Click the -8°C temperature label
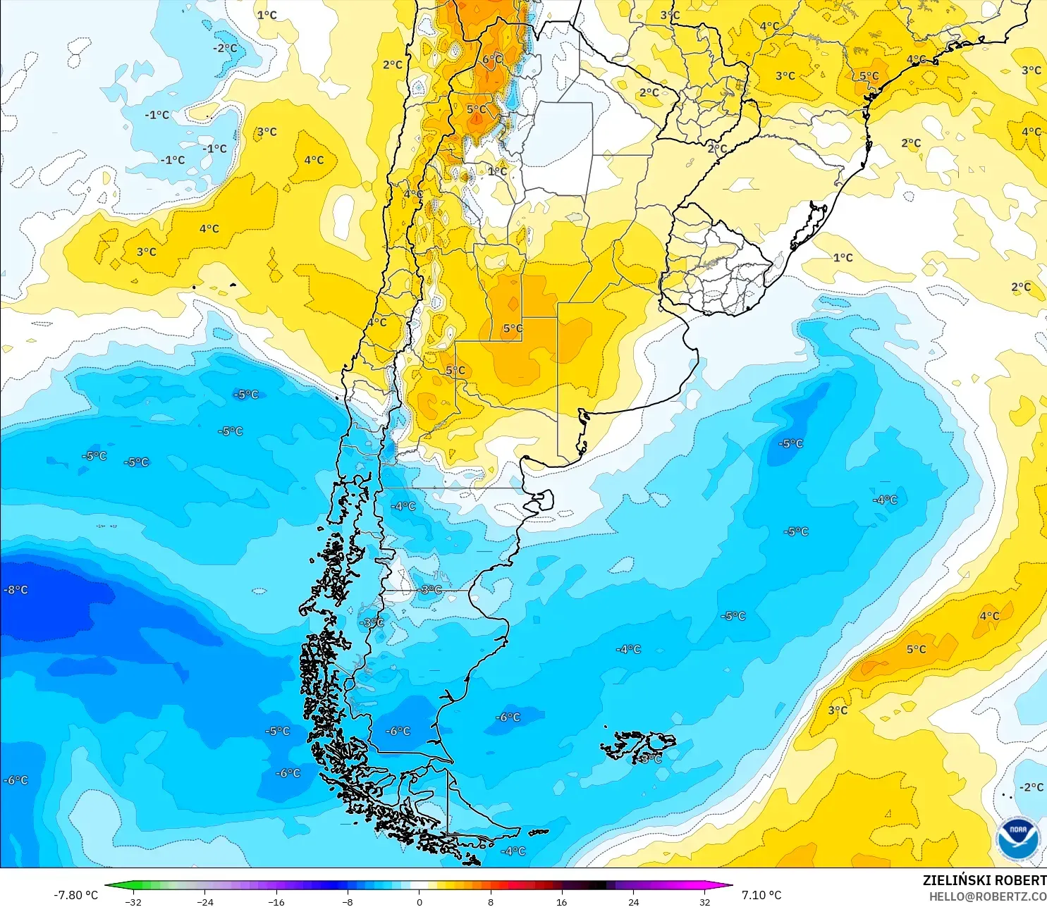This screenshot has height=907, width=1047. pos(16,590)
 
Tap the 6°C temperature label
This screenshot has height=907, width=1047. pos(493,59)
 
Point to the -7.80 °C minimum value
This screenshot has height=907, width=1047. pos(76,895)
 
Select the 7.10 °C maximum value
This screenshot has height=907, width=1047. pos(761,895)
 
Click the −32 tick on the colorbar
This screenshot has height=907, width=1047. pos(133,902)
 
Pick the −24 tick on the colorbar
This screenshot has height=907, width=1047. pos(205,902)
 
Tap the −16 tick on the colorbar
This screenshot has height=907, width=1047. pos(276,902)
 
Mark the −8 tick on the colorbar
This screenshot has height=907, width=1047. pos(348,902)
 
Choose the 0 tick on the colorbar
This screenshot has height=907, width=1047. pos(420,902)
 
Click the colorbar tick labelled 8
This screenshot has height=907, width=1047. pos(491,902)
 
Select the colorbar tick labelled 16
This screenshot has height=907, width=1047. pos(562,902)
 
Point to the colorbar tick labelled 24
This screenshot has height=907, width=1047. pos(634,902)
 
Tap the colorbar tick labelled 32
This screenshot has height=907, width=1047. pos(705,902)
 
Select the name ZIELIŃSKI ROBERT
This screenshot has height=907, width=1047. pos(984,880)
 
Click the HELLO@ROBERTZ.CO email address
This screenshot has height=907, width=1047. pos(987,896)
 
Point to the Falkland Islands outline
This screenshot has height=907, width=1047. pos(638,746)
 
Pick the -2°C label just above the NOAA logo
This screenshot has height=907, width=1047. pos(1031,787)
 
